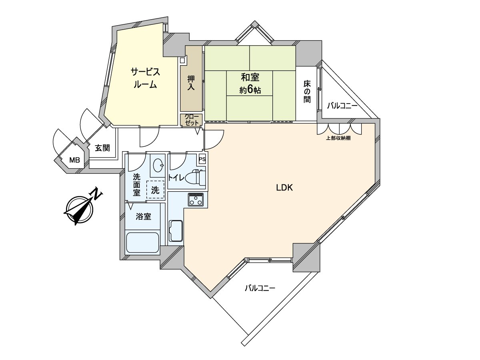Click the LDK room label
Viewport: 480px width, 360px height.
point(285,187)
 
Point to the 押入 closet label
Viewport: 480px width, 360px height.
point(191,82)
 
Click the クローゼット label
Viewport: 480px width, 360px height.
point(191,120)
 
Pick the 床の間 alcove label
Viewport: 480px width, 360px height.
point(307,92)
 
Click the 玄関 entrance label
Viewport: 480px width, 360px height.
point(102,148)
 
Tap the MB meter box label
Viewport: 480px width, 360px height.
point(75,160)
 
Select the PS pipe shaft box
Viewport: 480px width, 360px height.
point(202,159)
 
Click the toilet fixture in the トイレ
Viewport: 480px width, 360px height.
point(198,177)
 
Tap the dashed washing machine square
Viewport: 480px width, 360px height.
point(155,190)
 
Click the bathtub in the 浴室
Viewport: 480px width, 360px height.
point(143,242)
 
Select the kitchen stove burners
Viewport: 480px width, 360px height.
point(196,199)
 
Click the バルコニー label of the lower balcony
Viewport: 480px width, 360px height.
point(260,288)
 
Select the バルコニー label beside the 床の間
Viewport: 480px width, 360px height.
point(342,106)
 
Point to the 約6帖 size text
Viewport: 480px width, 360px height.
point(250,90)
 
